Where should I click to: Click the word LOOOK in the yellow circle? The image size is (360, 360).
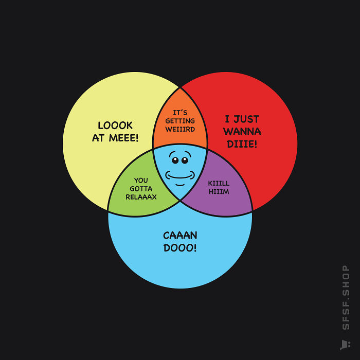coord(115,125)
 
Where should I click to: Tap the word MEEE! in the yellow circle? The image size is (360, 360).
coord(123,138)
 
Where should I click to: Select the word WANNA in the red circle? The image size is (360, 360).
coord(242,132)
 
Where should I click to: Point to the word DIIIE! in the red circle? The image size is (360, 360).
coord(242,144)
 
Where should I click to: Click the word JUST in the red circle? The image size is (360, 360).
coord(246,119)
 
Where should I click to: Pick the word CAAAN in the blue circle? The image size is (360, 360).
coord(180,236)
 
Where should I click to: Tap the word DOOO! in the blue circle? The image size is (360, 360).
coord(180,248)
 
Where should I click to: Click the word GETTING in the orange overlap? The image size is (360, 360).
coord(180,121)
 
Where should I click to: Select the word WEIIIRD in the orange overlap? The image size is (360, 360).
coord(180,129)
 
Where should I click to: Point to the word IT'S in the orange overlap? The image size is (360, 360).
coord(180,113)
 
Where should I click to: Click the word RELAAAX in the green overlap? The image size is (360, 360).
coord(141,197)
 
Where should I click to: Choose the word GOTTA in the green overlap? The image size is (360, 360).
coord(141,189)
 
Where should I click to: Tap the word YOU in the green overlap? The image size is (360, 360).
coord(141,181)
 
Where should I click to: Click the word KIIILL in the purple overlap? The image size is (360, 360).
coord(219,183)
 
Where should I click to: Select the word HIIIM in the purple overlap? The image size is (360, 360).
coord(219,191)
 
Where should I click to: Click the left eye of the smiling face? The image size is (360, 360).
coord(175,160)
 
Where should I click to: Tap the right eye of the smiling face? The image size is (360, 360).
coord(185,160)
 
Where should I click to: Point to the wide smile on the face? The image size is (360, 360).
coord(180,176)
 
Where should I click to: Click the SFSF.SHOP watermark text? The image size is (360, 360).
coord(346,297)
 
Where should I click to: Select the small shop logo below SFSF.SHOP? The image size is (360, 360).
coord(345,345)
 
